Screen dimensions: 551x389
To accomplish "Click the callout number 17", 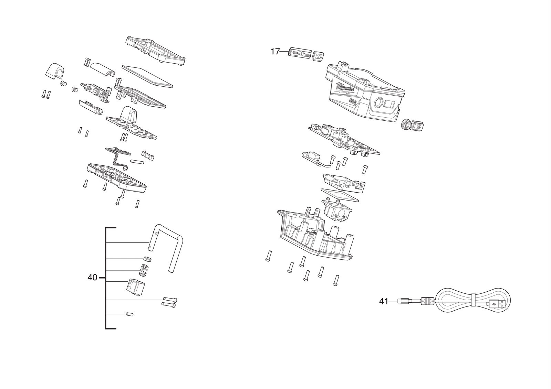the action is click(x=275, y=52).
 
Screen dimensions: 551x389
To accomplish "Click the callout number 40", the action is click(x=93, y=278).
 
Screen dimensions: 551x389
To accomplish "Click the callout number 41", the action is click(x=384, y=301).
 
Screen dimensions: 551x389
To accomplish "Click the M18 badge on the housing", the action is click(x=353, y=101).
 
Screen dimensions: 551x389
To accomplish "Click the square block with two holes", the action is click(x=135, y=286).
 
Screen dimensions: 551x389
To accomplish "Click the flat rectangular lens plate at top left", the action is click(x=147, y=76).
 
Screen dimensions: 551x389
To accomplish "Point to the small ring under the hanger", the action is click(x=147, y=259).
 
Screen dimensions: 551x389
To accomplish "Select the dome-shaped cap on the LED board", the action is click(x=129, y=114).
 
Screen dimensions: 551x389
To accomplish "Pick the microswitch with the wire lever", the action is click(x=311, y=159).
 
